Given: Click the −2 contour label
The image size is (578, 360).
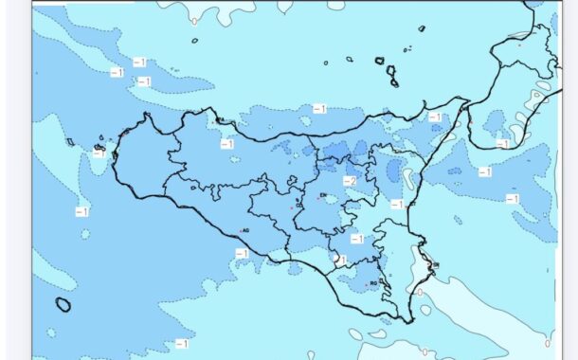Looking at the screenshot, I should click(x=349, y=181).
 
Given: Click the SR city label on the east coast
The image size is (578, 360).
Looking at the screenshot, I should click(x=435, y=265).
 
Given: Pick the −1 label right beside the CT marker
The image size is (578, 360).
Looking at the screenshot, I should click(x=396, y=205).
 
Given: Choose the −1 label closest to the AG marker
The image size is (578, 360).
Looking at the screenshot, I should click(x=241, y=253).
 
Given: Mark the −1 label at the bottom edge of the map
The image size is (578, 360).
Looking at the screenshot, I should click(x=180, y=343).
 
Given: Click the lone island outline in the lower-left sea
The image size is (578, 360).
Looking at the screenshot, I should click(x=63, y=304).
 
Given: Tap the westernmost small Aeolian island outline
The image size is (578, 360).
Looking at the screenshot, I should click(x=325, y=63).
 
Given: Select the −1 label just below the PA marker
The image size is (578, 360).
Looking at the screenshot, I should click(x=226, y=144).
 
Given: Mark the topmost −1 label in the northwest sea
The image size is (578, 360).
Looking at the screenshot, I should click(x=138, y=62).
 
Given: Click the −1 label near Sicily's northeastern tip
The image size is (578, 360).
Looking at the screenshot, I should click(x=434, y=117).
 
